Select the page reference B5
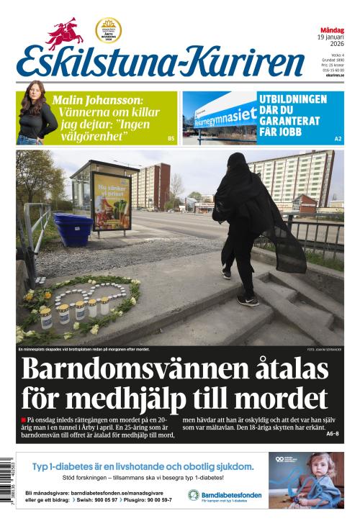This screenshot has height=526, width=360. (x=171, y=138)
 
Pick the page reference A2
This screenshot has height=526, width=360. (x=338, y=138)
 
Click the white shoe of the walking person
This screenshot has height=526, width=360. (x=247, y=299)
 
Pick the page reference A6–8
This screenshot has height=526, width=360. (x=332, y=434)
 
